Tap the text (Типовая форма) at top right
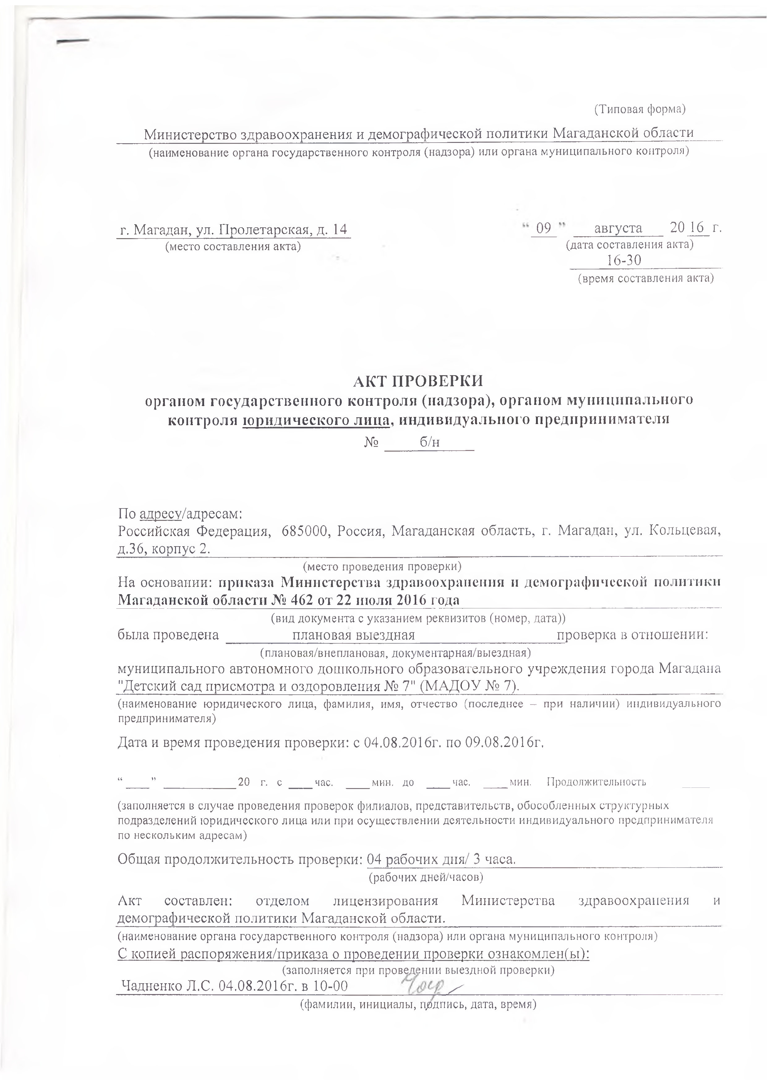pos(639,109)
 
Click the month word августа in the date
pos(618,229)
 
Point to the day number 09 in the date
pos(544,229)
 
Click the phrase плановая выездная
pos(354,635)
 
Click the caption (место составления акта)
pos(232,247)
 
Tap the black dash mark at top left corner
pos(73,41)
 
